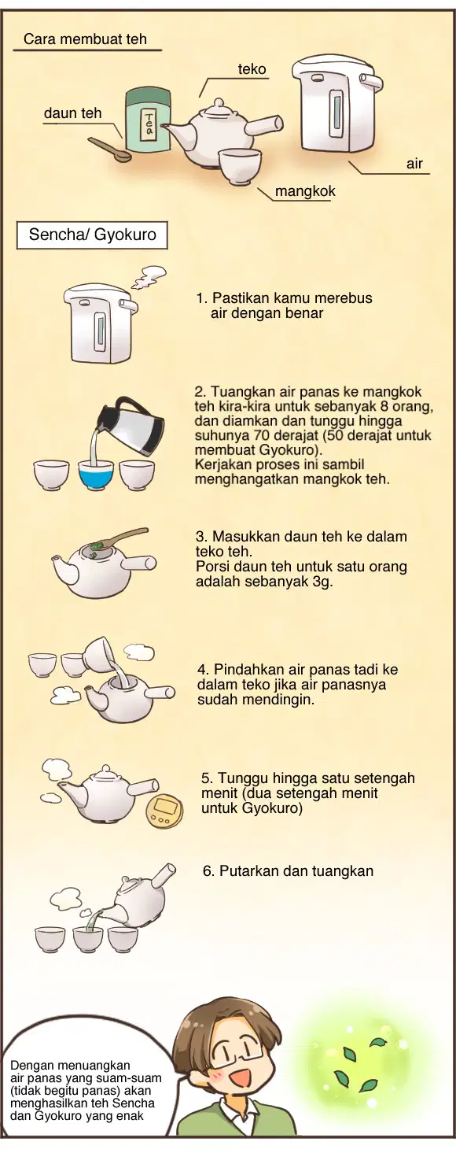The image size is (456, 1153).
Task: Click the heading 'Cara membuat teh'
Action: tap(86, 39)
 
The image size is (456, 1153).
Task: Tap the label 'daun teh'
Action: tap(72, 113)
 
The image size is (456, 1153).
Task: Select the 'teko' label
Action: tap(252, 69)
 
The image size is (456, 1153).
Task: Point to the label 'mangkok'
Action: tap(305, 191)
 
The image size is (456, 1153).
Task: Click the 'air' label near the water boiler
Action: tap(414, 164)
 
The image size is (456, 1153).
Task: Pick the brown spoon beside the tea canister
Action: tap(109, 150)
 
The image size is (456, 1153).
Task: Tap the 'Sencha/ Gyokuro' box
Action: tap(93, 235)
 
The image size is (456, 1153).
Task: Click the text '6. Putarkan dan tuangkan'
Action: tap(288, 871)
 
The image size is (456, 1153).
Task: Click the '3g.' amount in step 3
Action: tap(321, 582)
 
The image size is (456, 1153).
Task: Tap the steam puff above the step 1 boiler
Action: tap(149, 276)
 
